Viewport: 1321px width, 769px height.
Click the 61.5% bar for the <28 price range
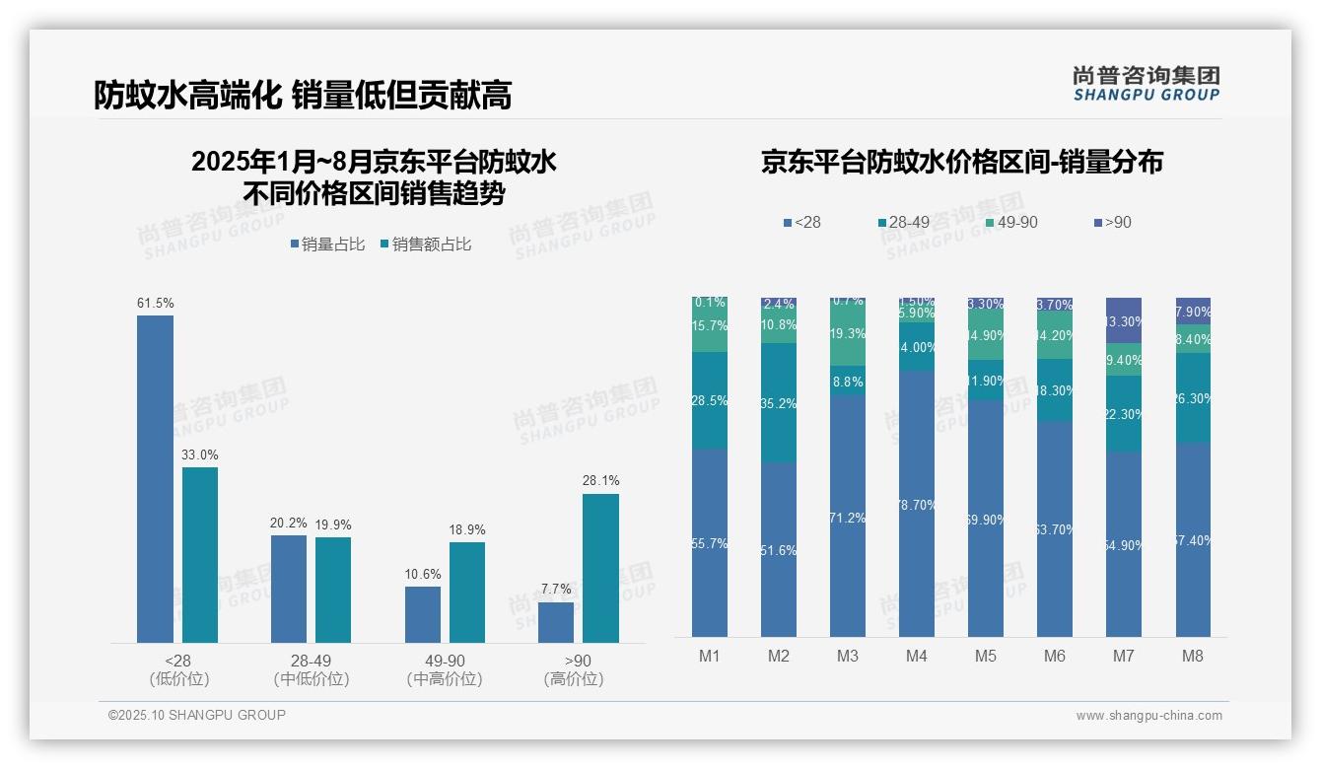pos(155,479)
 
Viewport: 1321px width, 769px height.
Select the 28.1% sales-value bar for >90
pos(600,568)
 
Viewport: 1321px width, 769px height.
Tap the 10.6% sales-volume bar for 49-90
pos(423,614)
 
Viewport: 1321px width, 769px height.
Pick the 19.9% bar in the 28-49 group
pos(333,590)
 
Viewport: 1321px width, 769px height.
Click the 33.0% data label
pos(200,455)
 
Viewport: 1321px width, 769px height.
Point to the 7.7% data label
pos(556,590)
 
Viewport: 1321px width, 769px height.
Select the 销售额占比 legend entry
pos(425,245)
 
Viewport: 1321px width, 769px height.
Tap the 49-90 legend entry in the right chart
pos(1011,223)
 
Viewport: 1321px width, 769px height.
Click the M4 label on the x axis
pos(917,656)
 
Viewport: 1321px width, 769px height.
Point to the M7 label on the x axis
pos(1124,656)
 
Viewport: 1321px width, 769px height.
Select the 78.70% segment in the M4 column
pos(917,504)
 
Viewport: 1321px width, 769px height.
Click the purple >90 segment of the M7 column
pos(1124,320)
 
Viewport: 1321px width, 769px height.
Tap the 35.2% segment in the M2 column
pos(779,403)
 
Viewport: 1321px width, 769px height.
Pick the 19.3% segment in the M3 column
pos(848,334)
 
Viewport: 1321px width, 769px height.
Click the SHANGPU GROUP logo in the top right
pos(1146,84)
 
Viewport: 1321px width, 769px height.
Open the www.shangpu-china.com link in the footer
pos(1148,716)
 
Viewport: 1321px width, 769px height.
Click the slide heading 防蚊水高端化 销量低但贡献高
pos(303,95)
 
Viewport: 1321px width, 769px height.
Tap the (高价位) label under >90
pos(574,679)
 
